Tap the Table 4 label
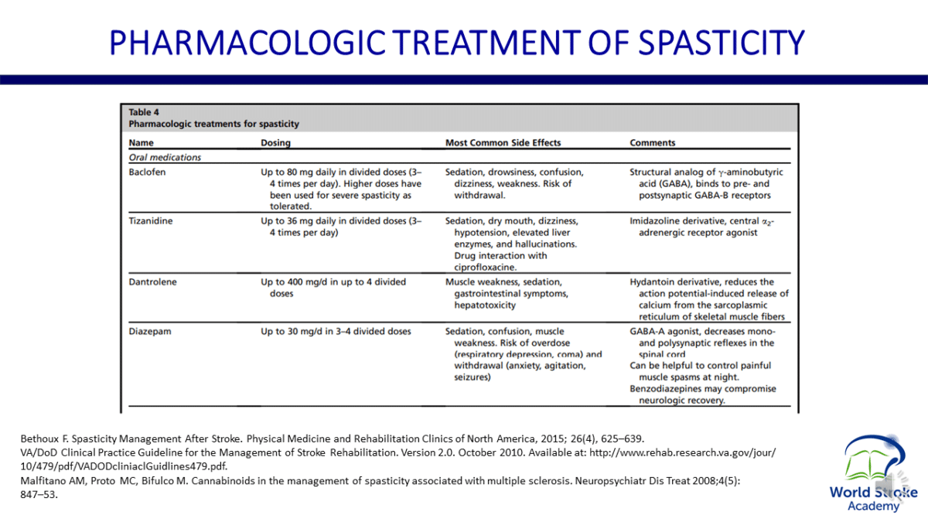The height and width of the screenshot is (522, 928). pos(145,112)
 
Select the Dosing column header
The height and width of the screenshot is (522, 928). pos(278,143)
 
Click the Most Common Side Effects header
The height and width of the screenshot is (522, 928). pos(503,143)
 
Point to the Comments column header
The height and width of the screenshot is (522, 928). pos(653,143)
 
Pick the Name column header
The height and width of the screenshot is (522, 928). pos(142,143)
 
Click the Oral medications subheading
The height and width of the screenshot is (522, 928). pos(165,158)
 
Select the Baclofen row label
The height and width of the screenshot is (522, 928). pos(147,172)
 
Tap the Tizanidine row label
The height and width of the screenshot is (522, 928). pos(150,221)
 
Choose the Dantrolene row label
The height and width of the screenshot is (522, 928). pos(152,282)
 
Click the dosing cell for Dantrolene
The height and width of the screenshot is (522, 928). pos(333,288)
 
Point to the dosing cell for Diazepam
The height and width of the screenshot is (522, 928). pos(336,332)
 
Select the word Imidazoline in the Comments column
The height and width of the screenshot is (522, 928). pos(655,221)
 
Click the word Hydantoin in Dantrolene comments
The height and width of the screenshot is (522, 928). pos(653,282)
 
